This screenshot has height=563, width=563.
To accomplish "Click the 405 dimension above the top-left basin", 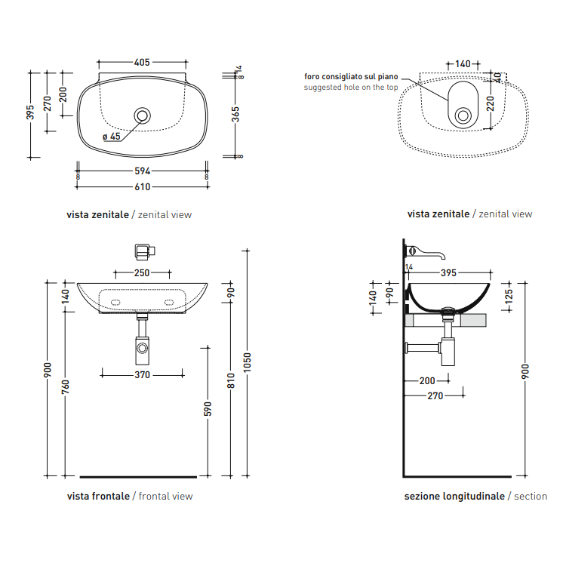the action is [142, 63].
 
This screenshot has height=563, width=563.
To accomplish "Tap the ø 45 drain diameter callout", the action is [112, 137].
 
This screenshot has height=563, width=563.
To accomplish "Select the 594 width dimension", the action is [142, 171].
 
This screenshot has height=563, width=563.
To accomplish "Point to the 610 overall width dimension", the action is [142, 187].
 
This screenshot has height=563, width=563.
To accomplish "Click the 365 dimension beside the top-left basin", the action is [235, 114].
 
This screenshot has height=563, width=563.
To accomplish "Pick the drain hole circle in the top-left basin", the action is [142, 115].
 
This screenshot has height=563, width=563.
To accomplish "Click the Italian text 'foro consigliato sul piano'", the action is [351, 77].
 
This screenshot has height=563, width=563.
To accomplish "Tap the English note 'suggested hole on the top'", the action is [351, 88].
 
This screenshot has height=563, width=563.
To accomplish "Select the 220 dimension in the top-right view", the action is [491, 103].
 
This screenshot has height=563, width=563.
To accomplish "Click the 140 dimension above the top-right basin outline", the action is [463, 64].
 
